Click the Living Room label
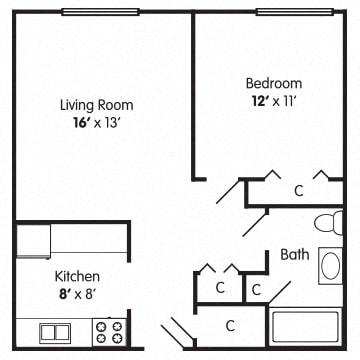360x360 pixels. point(97,105)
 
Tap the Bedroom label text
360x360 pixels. point(274,83)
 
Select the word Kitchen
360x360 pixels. point(77,276)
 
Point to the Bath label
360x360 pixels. point(295,255)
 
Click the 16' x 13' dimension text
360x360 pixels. point(96,123)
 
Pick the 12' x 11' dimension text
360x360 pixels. point(274,101)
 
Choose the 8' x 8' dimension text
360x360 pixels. point(77,295)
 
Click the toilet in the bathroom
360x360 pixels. point(329,223)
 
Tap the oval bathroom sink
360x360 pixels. point(331,266)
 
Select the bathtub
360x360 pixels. point(305,327)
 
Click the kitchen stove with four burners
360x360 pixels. point(109,332)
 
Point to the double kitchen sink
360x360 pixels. point(55,333)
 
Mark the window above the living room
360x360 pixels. point(100,12)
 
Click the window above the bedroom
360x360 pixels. point(295,12)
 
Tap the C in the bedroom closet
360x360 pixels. point(299,191)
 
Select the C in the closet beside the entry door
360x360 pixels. point(230,325)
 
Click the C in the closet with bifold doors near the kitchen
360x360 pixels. point(220,288)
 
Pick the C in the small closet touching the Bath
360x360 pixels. point(256,290)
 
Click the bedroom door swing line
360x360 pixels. point(228,192)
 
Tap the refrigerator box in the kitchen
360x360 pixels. point(33,241)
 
